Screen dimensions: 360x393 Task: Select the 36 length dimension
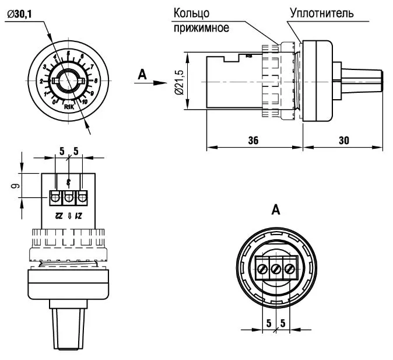(252, 141)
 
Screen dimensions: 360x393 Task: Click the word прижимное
(201, 27)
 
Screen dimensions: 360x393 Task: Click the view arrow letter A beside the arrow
(141, 74)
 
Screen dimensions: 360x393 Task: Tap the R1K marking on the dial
(68, 107)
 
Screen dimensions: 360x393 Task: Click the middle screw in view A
(276, 270)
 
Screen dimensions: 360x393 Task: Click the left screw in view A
(262, 270)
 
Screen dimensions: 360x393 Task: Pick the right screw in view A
(289, 270)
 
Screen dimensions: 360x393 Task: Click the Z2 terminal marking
(58, 215)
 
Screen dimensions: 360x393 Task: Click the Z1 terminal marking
(80, 215)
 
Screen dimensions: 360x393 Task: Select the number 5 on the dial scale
(69, 54)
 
